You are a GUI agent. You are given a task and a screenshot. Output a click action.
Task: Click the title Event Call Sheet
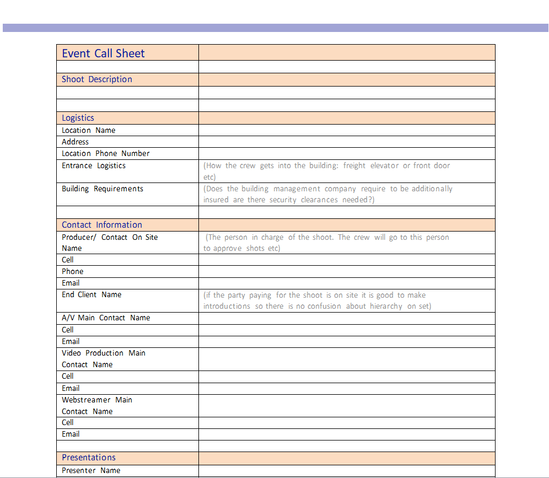click(103, 53)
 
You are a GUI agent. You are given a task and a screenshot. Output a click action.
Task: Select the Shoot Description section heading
click(97, 79)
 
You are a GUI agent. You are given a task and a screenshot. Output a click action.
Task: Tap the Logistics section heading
click(78, 118)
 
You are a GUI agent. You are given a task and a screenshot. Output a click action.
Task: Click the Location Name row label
click(89, 131)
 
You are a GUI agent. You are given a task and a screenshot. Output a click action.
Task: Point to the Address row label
click(75, 142)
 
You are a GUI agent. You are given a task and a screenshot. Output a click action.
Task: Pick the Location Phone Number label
click(106, 154)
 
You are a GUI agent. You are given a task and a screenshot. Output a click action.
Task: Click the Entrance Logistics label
click(94, 166)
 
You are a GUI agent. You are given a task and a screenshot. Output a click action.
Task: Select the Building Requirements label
click(103, 189)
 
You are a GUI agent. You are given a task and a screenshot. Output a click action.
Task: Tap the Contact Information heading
click(102, 225)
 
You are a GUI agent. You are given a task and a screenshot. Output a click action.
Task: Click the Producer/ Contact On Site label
click(110, 238)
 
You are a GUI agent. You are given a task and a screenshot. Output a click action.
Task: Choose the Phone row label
click(73, 272)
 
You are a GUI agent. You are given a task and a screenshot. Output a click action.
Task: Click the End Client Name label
click(91, 295)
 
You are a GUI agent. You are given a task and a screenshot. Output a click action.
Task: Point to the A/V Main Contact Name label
click(106, 318)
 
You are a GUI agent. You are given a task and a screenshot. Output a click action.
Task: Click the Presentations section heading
click(89, 458)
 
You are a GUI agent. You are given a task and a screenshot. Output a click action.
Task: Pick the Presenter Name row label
click(91, 471)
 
